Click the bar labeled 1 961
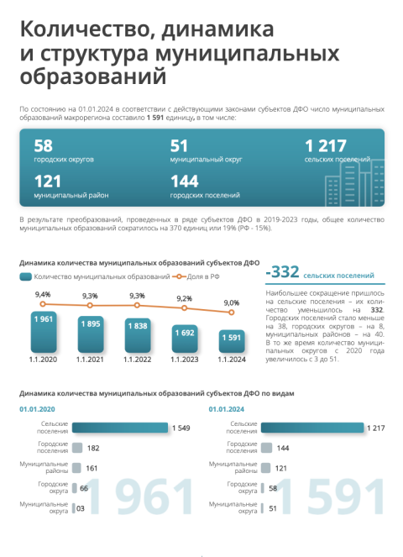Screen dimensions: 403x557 (44, 332)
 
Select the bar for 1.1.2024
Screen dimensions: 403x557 (232, 341)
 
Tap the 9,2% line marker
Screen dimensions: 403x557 (184, 308)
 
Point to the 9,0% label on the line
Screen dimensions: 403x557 (232, 303)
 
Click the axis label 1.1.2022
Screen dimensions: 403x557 (138, 360)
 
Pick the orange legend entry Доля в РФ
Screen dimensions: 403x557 (196, 276)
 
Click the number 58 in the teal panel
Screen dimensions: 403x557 (44, 145)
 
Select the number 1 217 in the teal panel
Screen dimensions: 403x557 (326, 145)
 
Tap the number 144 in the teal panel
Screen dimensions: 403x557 (185, 181)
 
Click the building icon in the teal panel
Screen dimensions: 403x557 (354, 183)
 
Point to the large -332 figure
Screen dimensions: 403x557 (283, 271)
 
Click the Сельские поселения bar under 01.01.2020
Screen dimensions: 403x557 (120, 428)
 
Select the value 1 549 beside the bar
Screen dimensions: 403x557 (181, 428)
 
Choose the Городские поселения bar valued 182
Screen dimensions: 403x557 (77, 448)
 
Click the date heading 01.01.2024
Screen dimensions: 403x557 (227, 409)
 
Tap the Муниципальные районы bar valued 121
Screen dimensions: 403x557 (265, 468)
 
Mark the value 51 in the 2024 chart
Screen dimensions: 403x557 (273, 508)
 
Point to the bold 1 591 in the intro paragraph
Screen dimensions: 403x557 (155, 118)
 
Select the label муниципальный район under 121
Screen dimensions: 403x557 (71, 196)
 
